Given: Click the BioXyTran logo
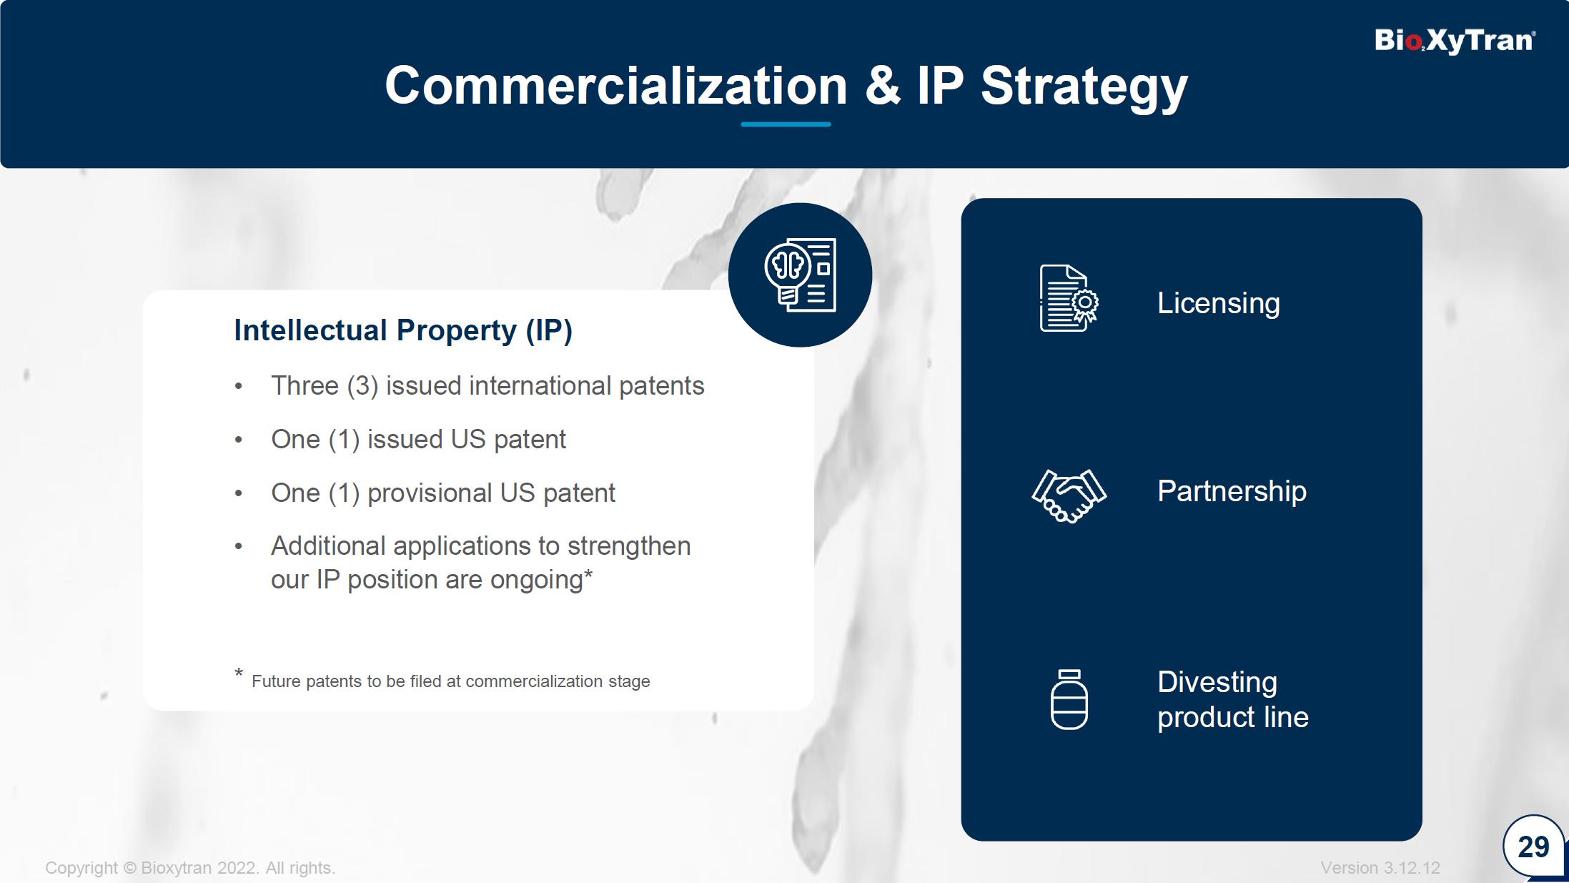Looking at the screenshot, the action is tap(1455, 41).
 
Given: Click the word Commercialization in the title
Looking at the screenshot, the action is tap(616, 86).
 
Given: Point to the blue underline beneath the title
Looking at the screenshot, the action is tap(786, 124).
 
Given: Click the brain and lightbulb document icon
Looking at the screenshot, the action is tap(800, 275).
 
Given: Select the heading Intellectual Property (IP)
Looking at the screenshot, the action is tap(403, 331).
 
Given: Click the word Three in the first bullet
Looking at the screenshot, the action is tap(305, 386).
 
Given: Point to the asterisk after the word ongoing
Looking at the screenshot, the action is tap(588, 574).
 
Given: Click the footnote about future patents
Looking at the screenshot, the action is tap(442, 679).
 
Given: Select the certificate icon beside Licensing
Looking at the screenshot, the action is tap(1069, 298).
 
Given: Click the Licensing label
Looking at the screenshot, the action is tap(1219, 304).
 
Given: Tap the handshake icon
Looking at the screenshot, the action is tap(1069, 495).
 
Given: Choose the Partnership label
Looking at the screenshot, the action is tap(1232, 492).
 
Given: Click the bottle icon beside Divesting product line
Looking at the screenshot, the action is tap(1069, 699).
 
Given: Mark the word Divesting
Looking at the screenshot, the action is tap(1217, 682).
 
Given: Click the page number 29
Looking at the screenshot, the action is tap(1533, 847).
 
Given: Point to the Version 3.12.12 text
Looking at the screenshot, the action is tap(1380, 868).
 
